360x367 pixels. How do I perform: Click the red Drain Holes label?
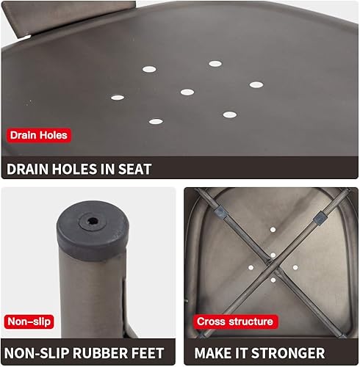point(38,135)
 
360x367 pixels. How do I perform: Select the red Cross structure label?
point(234,321)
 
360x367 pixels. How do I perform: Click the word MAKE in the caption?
point(213,354)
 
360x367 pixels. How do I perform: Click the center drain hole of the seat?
point(187,92)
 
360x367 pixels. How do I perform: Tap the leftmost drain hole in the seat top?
point(118,97)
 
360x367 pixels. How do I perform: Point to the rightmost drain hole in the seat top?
point(256,84)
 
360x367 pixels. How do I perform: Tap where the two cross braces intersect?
point(273,256)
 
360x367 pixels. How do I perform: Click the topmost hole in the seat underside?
point(273,230)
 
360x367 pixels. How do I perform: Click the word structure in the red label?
point(249,321)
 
